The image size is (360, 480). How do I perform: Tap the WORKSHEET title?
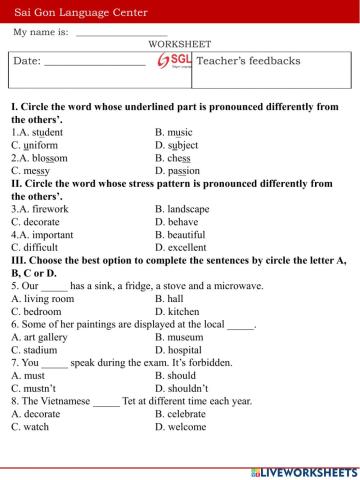tap(179, 45)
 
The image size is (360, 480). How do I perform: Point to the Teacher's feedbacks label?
tap(249, 61)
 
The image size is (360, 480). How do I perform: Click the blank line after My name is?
tap(121, 34)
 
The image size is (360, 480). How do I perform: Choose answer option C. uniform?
tap(35, 144)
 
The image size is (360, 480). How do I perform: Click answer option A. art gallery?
tap(39, 337)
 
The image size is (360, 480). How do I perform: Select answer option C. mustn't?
tap(35, 388)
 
